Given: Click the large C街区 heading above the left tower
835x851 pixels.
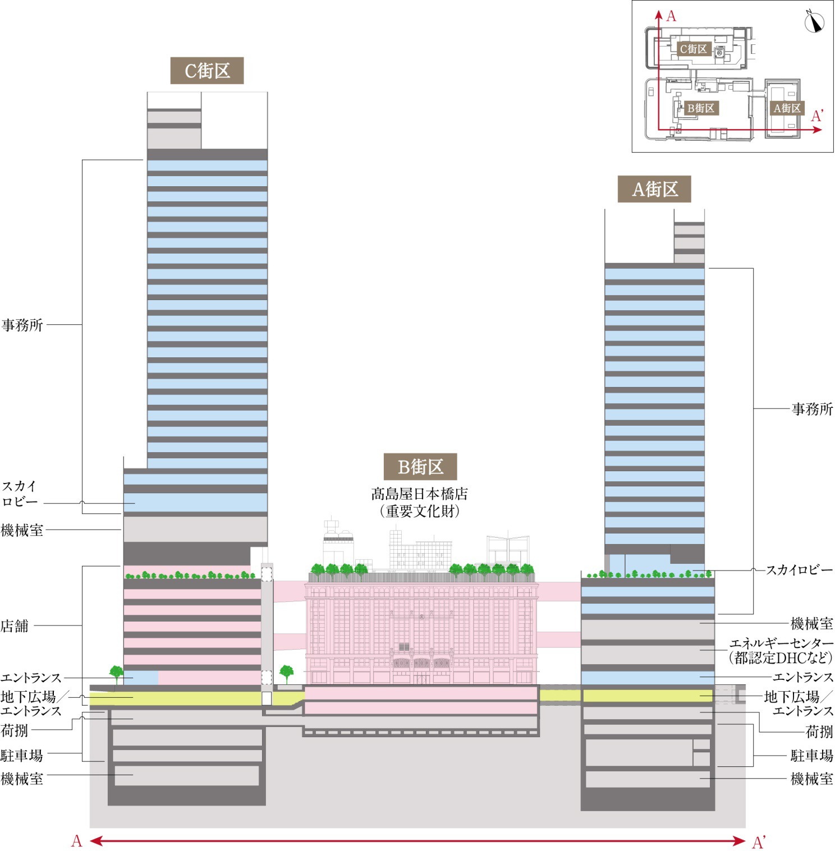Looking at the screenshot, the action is click(x=207, y=71).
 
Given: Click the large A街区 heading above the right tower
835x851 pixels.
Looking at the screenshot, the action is click(x=654, y=189).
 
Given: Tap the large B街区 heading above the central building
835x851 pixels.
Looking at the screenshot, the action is click(x=420, y=467).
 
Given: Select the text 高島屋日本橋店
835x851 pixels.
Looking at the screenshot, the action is click(x=419, y=494).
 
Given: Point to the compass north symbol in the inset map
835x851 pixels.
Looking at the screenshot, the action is click(x=813, y=22).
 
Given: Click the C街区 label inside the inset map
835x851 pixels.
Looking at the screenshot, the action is click(x=694, y=49).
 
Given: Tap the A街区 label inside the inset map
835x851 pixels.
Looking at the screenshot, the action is click(x=787, y=108).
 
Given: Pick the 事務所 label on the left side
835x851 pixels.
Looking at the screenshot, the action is click(x=22, y=325).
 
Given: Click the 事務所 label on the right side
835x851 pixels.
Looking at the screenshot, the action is click(x=812, y=409).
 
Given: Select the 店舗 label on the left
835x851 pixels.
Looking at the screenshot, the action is click(x=15, y=625).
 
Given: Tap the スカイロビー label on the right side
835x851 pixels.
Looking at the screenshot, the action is click(x=799, y=570).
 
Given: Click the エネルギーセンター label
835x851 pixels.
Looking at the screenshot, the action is click(x=781, y=643).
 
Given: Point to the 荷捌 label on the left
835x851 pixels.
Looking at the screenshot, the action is click(x=15, y=730).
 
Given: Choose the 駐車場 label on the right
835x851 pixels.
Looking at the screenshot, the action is click(x=811, y=755).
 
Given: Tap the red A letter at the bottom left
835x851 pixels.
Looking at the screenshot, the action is click(x=77, y=841).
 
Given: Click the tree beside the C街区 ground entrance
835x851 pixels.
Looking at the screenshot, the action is click(x=116, y=673).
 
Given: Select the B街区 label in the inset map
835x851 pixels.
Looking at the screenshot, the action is click(x=701, y=108).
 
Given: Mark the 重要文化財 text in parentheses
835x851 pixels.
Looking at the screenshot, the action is click(x=419, y=511).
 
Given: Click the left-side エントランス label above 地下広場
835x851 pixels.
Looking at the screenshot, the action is click(x=31, y=678).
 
